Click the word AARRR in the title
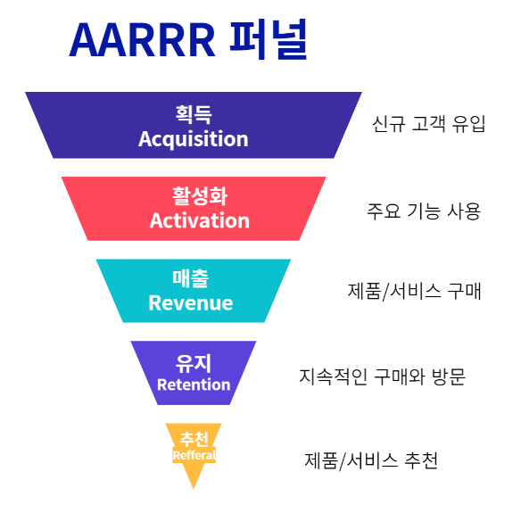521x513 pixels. click(x=142, y=40)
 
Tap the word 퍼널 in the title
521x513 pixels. click(x=269, y=39)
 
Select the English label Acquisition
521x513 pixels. click(x=194, y=139)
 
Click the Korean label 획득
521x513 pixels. click(x=194, y=114)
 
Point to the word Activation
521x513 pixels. click(x=199, y=220)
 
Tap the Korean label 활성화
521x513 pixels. click(x=200, y=196)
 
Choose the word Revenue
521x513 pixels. click(x=191, y=302)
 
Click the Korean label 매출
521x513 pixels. click(x=191, y=278)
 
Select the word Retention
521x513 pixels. click(x=194, y=385)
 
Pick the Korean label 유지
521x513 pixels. click(x=194, y=363)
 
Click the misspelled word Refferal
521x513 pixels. click(x=194, y=455)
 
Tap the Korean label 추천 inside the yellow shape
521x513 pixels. click(x=194, y=439)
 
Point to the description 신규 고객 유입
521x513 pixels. click(x=428, y=124)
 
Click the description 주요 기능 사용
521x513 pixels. click(x=424, y=211)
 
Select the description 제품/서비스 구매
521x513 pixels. click(x=414, y=292)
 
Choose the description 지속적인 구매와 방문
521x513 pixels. click(x=382, y=376)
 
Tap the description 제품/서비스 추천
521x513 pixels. click(x=371, y=460)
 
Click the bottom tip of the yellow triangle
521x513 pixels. click(x=194, y=489)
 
